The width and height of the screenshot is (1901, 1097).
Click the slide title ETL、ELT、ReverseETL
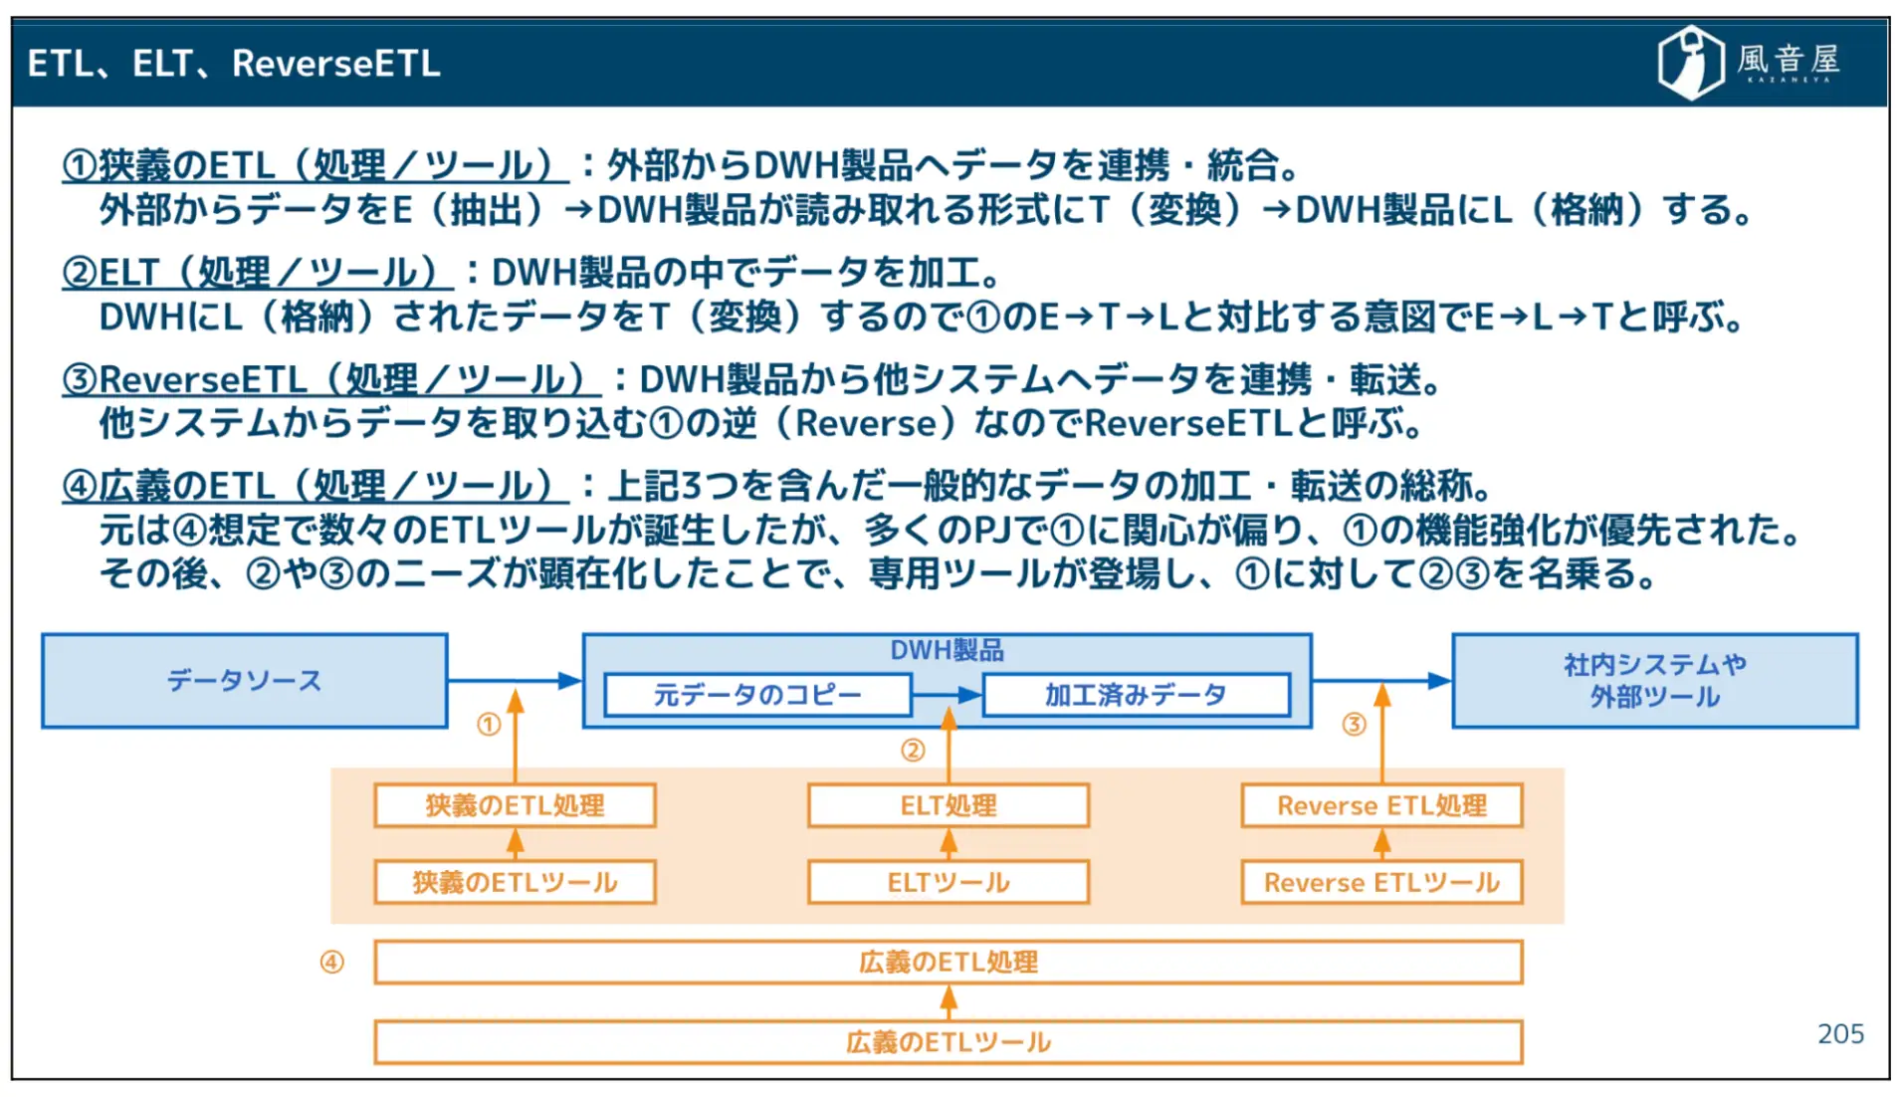(x=234, y=64)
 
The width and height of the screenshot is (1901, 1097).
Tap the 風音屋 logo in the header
(x=1748, y=62)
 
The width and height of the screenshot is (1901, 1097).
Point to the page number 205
(x=1839, y=1034)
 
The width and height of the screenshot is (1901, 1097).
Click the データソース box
(x=244, y=681)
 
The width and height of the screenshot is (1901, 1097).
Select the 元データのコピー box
(x=756, y=695)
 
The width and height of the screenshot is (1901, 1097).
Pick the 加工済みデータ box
(x=1135, y=695)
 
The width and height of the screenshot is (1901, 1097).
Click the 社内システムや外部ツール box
(x=1654, y=681)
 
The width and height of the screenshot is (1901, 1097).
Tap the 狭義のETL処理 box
(x=515, y=805)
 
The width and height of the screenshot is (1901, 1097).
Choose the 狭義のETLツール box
(x=515, y=882)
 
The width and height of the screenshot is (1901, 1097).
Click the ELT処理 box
(x=948, y=805)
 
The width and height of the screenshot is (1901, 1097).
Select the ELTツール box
(x=948, y=882)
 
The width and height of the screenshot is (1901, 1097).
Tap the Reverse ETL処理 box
(x=1381, y=805)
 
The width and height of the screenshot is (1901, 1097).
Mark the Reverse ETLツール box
(x=1381, y=882)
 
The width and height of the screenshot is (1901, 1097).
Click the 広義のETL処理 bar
(x=948, y=962)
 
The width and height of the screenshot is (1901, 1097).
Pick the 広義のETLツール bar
(x=948, y=1042)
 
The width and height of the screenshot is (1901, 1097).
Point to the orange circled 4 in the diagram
(x=331, y=962)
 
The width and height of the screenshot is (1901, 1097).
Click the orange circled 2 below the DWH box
(x=913, y=751)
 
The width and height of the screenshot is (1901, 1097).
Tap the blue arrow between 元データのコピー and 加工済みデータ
(x=947, y=695)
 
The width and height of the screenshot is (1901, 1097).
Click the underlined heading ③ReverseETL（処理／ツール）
(x=330, y=380)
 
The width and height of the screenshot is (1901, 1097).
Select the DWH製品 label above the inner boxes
(x=947, y=650)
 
